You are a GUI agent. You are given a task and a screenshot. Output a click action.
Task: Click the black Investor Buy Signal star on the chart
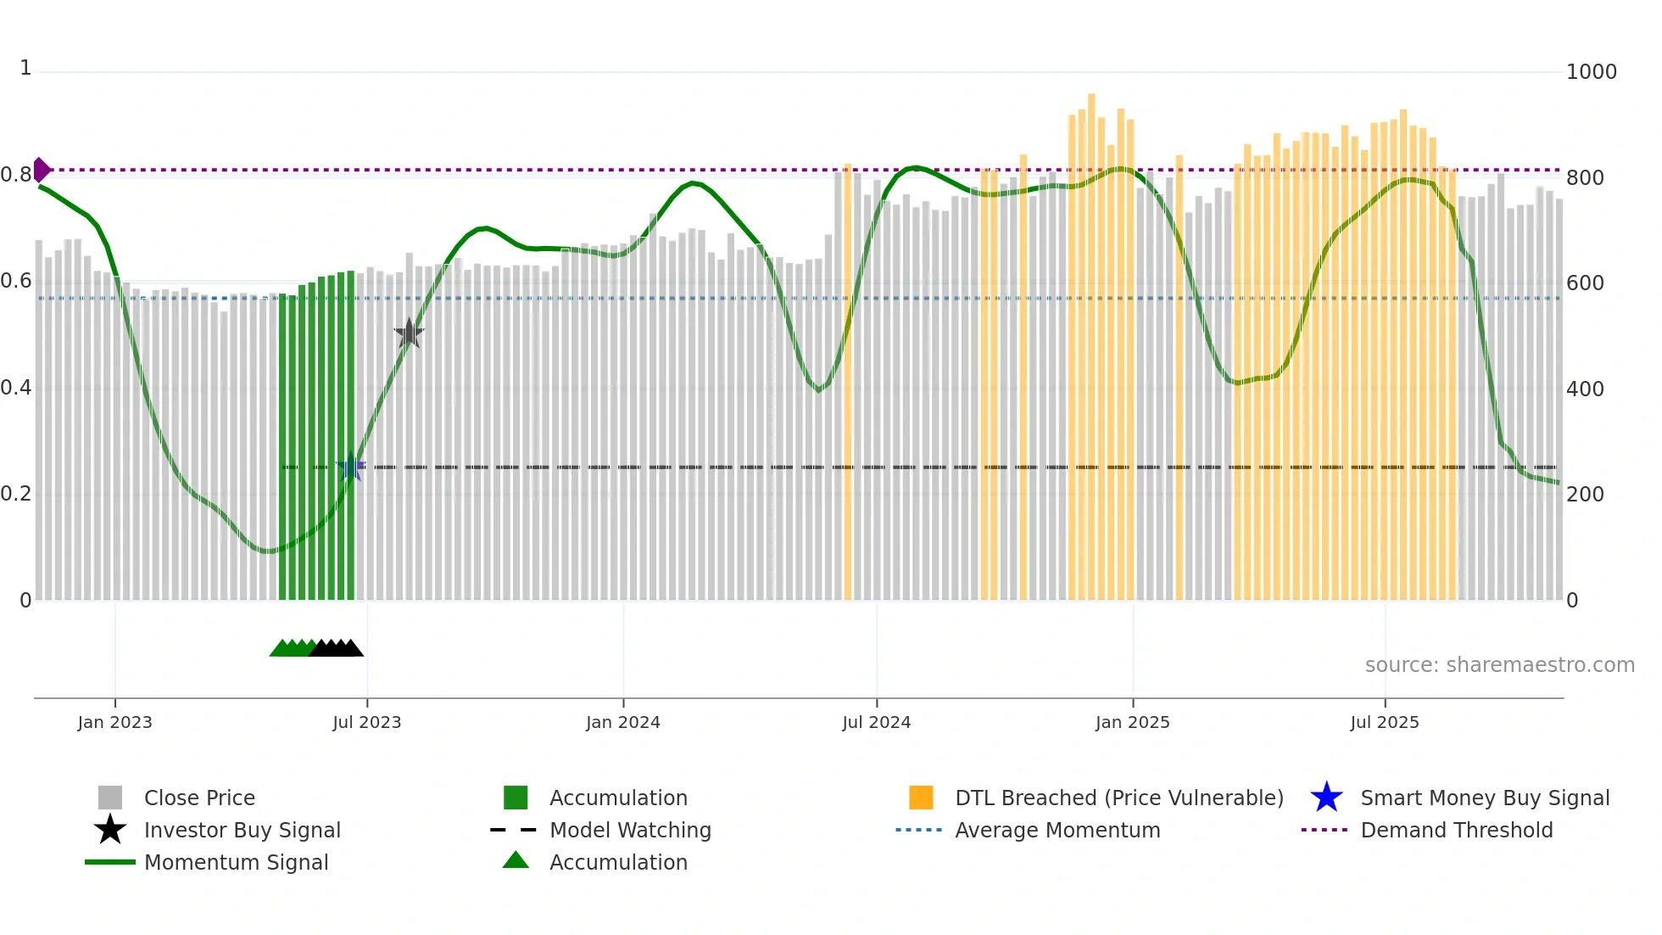pyautogui.click(x=409, y=333)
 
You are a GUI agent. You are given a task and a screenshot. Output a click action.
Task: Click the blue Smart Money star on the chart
pyautogui.click(x=350, y=467)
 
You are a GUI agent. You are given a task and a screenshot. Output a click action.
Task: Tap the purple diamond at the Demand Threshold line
pyautogui.click(x=41, y=170)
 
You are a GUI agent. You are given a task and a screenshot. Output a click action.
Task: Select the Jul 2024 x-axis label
pyautogui.click(x=876, y=722)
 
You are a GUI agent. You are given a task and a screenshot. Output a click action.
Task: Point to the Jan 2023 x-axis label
pyautogui.click(x=114, y=722)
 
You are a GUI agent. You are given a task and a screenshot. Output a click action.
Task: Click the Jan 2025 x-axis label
pyautogui.click(x=1132, y=722)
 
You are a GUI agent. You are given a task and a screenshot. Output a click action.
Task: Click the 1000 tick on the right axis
pyautogui.click(x=1591, y=72)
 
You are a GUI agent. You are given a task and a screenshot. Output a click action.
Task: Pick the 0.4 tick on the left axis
pyautogui.click(x=16, y=388)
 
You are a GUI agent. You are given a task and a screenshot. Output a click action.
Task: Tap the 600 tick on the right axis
pyautogui.click(x=1584, y=283)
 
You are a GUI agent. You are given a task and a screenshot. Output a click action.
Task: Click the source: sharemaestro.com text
pyautogui.click(x=1499, y=664)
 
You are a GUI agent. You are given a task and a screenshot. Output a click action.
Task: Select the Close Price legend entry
pyautogui.click(x=199, y=798)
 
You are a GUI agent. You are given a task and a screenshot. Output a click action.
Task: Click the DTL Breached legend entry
pyautogui.click(x=1118, y=798)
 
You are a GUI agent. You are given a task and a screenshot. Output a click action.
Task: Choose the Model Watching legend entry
pyautogui.click(x=629, y=830)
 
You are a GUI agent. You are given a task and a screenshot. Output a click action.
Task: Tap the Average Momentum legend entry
pyautogui.click(x=1057, y=830)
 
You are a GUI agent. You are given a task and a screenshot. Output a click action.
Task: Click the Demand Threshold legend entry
pyautogui.click(x=1456, y=830)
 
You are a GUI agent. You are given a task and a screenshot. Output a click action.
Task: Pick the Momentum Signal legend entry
pyautogui.click(x=236, y=862)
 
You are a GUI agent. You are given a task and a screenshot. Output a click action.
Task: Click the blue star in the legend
pyautogui.click(x=1326, y=798)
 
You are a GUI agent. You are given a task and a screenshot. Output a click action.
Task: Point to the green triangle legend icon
pyautogui.click(x=516, y=860)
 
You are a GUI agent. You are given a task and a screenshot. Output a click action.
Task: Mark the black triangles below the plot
pyautogui.click(x=337, y=648)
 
